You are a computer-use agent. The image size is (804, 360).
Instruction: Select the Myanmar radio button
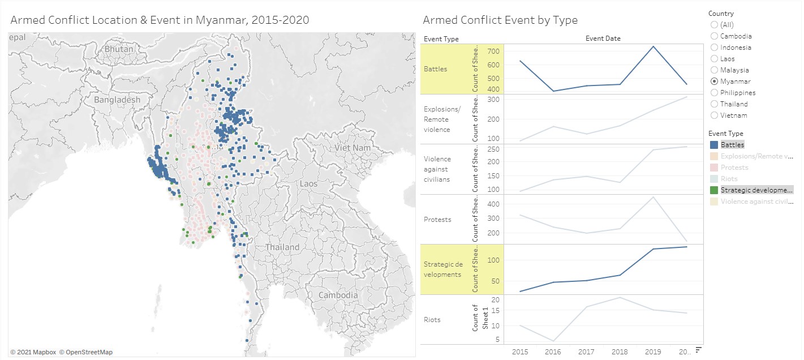(714, 82)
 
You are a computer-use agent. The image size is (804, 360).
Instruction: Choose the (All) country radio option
(714, 25)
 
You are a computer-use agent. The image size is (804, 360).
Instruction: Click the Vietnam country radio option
(714, 115)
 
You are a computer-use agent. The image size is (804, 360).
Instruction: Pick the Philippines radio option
(714, 93)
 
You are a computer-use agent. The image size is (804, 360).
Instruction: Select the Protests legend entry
(734, 168)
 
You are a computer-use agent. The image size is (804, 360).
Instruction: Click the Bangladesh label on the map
(117, 100)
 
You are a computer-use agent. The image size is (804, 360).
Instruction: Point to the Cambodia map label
(338, 295)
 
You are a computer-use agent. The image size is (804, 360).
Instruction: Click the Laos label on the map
(309, 183)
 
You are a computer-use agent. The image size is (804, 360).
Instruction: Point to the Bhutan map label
(119, 49)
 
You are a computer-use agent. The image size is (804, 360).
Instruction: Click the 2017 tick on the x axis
(586, 352)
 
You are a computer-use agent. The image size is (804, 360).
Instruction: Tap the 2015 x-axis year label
(520, 352)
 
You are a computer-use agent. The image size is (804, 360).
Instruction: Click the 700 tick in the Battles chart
(493, 52)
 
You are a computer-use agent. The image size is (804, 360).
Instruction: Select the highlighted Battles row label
(436, 69)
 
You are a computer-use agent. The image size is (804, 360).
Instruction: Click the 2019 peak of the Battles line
(653, 46)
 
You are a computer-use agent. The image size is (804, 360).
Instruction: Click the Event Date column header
(603, 38)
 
